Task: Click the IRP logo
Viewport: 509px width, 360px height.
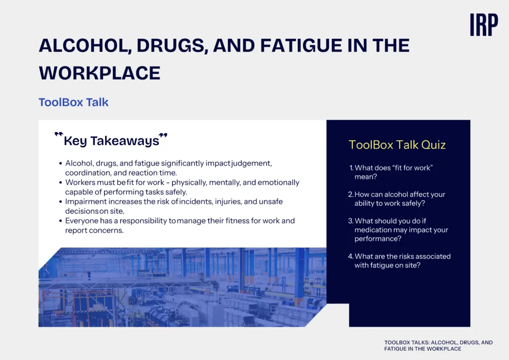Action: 484,25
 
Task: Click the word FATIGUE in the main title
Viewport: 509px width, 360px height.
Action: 301,45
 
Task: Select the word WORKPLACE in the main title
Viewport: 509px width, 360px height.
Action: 99,73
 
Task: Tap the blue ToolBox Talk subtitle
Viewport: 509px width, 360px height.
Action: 74,102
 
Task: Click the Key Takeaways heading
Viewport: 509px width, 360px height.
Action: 111,141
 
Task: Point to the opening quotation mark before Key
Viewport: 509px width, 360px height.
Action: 59,134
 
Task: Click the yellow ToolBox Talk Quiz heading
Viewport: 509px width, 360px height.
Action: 397,145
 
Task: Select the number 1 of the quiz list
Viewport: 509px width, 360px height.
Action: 351,168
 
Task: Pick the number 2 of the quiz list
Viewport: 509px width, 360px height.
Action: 350,194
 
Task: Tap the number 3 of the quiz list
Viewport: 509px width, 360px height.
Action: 350,221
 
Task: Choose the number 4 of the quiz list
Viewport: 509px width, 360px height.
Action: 350,256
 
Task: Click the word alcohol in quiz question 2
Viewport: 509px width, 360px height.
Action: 387,194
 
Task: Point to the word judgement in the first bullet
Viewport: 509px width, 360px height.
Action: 252,163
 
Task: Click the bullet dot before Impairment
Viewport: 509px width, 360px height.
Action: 60,202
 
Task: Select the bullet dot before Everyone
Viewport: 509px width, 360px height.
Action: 60,221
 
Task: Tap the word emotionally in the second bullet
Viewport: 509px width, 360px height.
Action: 278,182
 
